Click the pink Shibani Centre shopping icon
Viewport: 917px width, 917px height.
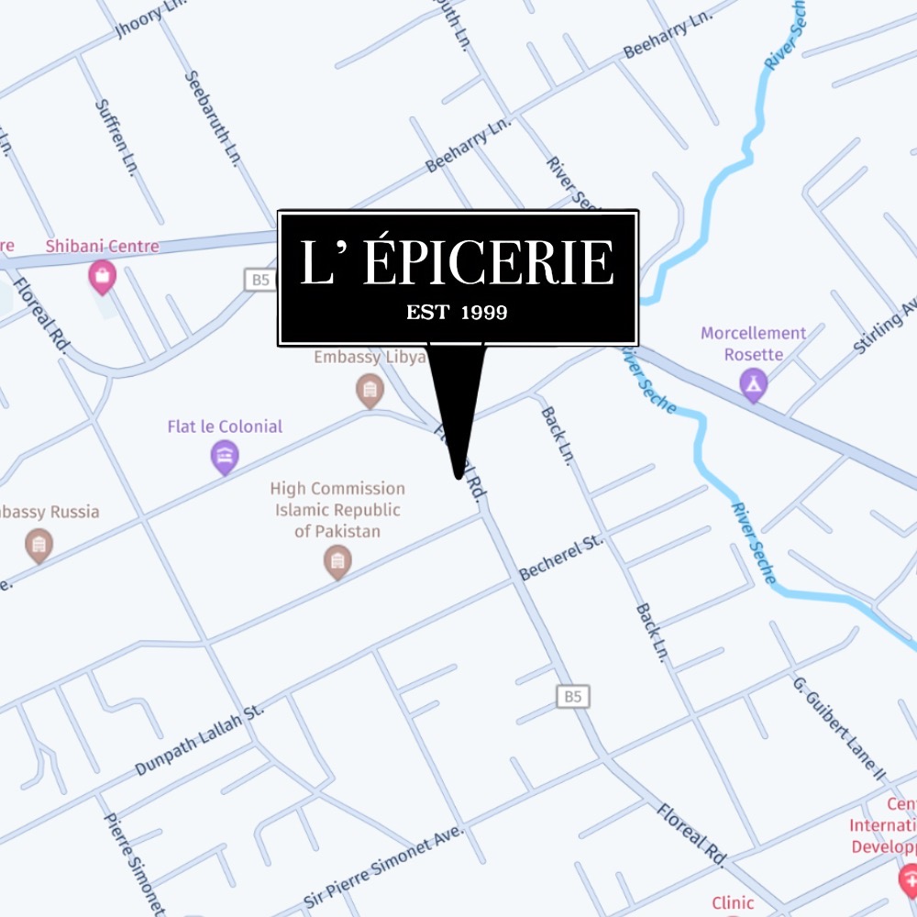tap(101, 276)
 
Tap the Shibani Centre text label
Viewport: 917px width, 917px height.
tap(103, 246)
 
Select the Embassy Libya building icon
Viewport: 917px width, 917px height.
tap(370, 390)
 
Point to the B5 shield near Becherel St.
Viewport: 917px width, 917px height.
tap(572, 697)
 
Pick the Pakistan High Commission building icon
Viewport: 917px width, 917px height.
tap(337, 561)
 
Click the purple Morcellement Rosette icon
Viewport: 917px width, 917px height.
tap(753, 385)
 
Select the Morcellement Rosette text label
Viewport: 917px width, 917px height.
tap(753, 344)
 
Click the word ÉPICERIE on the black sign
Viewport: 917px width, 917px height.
tap(488, 264)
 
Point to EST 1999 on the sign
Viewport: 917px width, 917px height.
tap(457, 313)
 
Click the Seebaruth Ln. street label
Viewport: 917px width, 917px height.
tap(212, 118)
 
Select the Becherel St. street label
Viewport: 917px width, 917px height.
tap(561, 557)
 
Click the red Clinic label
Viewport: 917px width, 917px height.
tap(733, 902)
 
